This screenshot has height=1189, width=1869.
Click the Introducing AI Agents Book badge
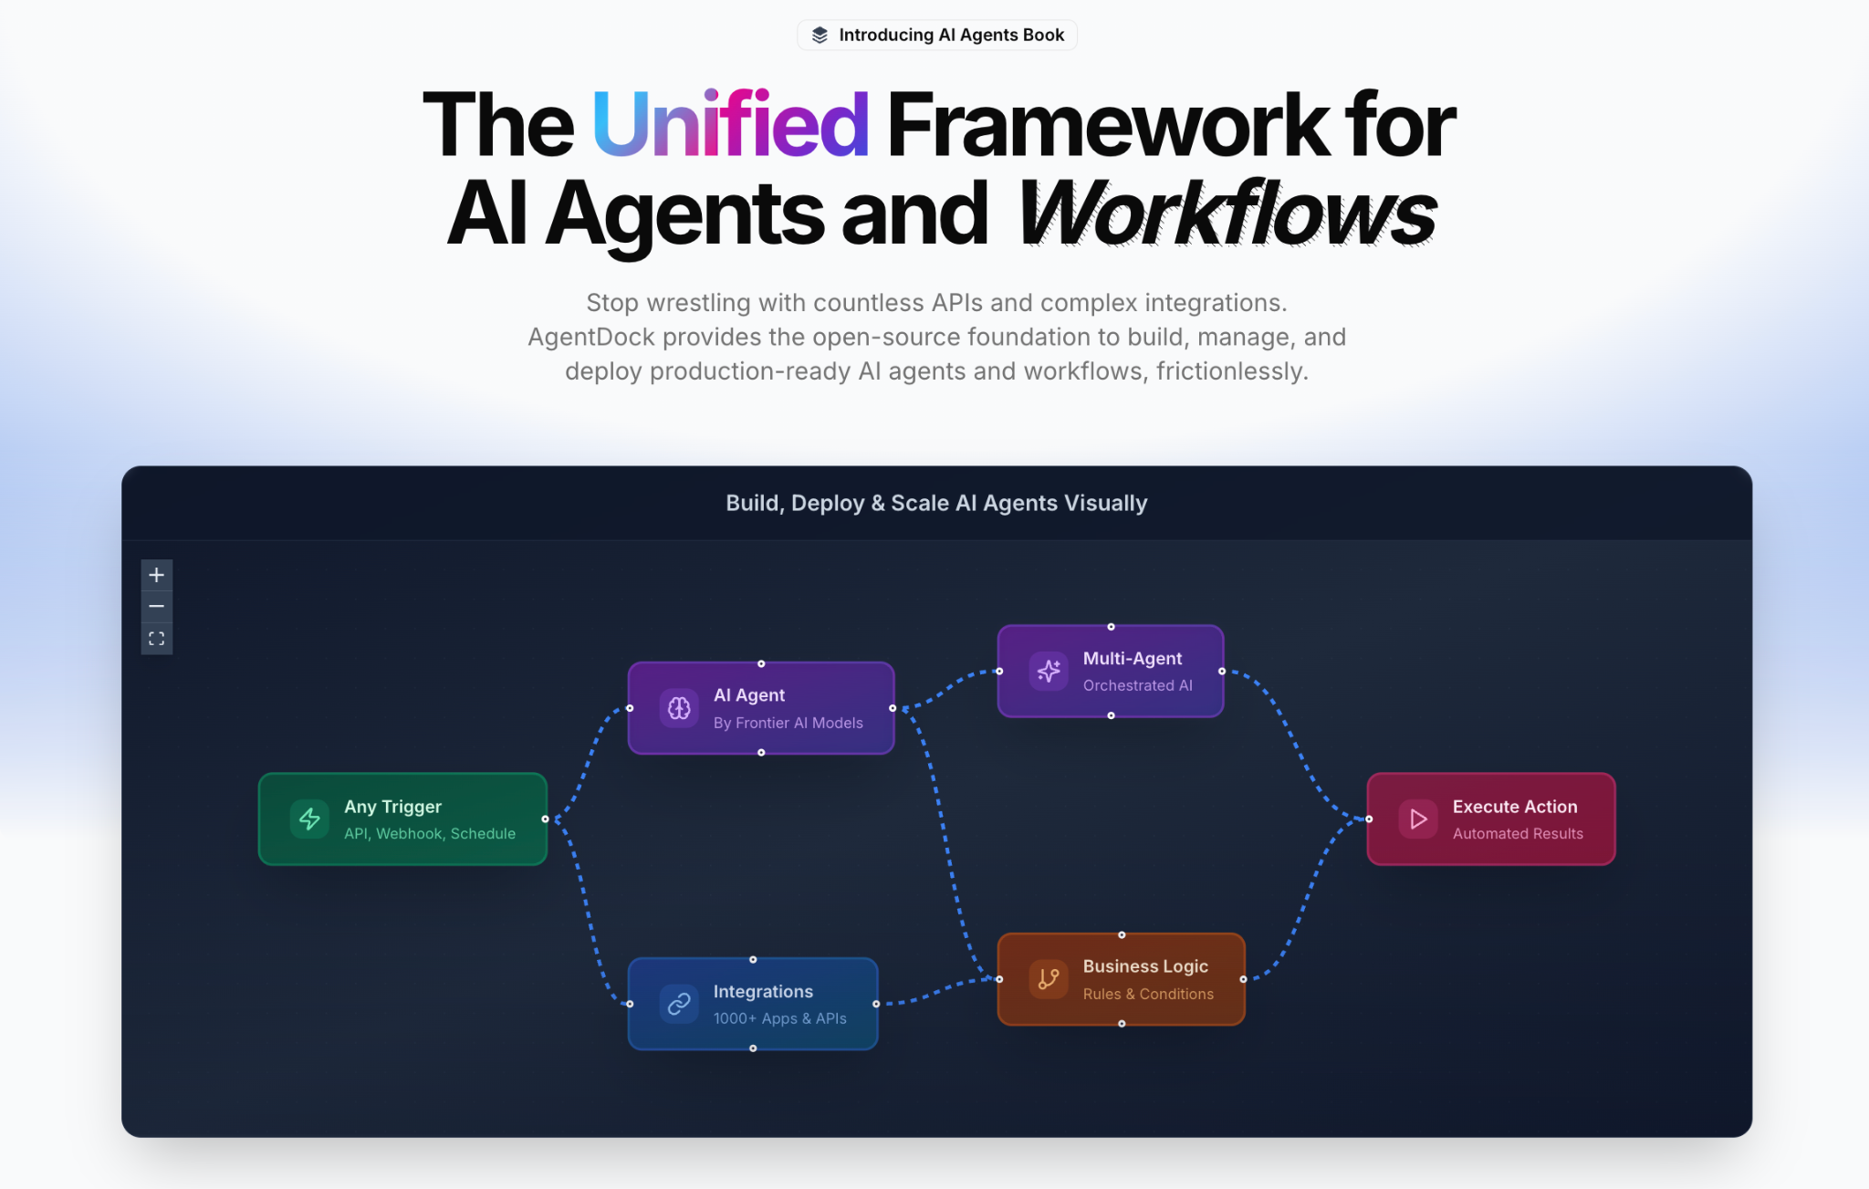click(x=937, y=35)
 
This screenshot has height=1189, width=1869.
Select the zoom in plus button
click(x=157, y=575)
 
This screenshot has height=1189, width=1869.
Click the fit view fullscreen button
click(x=157, y=639)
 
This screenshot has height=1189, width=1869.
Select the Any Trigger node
click(x=402, y=819)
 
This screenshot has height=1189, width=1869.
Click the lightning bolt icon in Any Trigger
click(x=309, y=819)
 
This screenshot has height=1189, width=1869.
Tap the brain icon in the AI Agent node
click(x=679, y=708)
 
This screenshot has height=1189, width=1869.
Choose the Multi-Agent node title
click(x=1133, y=658)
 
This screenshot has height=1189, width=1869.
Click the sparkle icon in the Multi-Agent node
click(x=1049, y=671)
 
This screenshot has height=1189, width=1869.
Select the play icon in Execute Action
click(x=1418, y=819)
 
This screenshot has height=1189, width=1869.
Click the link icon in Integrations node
click(x=679, y=1004)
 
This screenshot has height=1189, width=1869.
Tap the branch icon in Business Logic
click(x=1049, y=979)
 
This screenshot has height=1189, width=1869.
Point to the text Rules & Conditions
click(x=1148, y=994)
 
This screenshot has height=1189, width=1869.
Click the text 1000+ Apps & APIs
click(x=779, y=1018)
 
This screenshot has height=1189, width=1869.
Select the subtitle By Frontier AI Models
click(x=788, y=723)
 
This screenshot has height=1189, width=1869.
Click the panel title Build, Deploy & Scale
click(x=936, y=503)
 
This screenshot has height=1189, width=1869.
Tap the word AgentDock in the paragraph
click(x=591, y=337)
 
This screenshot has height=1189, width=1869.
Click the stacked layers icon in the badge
click(x=820, y=35)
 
